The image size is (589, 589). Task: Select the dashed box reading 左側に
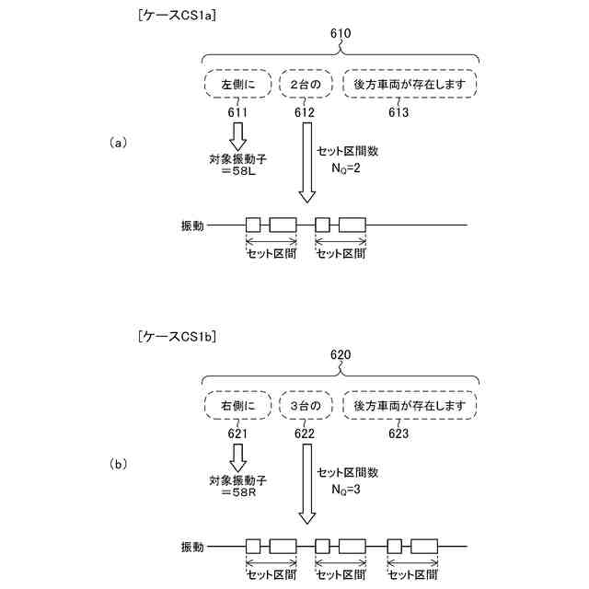coord(232,85)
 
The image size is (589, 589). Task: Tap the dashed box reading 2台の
coord(305,85)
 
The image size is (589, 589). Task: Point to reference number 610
coord(341,33)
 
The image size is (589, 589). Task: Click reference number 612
coord(305,112)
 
